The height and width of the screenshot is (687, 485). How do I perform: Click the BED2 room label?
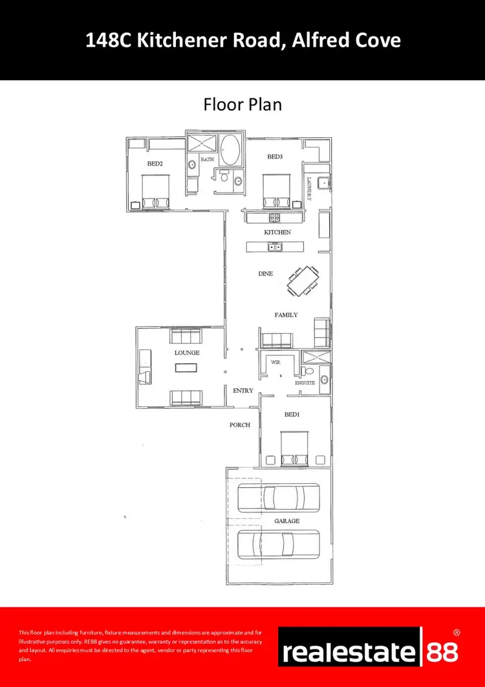click(x=155, y=164)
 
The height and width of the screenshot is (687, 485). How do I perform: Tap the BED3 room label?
click(x=275, y=157)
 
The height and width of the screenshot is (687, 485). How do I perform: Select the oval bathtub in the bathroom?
click(x=230, y=151)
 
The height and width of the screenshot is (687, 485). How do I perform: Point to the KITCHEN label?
click(x=277, y=232)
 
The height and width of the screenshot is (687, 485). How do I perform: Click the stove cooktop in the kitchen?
click(x=274, y=218)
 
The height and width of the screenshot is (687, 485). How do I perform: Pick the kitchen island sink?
click(x=275, y=246)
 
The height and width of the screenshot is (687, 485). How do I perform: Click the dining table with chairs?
click(x=303, y=281)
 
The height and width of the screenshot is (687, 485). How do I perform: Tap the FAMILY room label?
click(x=286, y=315)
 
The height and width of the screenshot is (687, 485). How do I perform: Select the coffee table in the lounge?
click(x=186, y=367)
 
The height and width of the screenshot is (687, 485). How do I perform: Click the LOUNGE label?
click(x=187, y=353)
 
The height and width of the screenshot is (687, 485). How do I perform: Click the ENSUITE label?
click(x=305, y=383)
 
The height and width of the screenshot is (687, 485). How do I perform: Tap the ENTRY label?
click(x=243, y=391)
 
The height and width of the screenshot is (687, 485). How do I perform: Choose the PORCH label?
click(x=239, y=425)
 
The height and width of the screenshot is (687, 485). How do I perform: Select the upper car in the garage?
click(x=272, y=497)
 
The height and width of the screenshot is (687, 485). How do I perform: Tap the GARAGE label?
click(x=286, y=521)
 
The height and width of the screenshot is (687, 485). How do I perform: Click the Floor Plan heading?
click(x=242, y=104)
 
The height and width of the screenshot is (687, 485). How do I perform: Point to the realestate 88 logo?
click(x=369, y=647)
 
